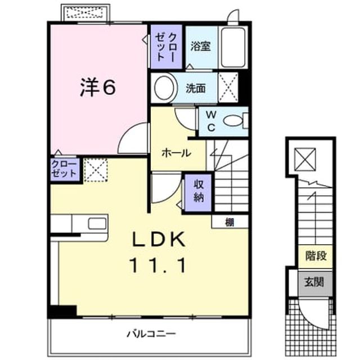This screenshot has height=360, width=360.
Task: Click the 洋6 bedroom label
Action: coord(97,88)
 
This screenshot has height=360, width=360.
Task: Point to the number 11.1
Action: coord(157,265)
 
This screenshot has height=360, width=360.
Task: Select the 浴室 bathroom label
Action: coord(200,46)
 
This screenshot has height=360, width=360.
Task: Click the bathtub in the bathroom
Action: coord(232,47)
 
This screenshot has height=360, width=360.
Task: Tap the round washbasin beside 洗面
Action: coord(164,88)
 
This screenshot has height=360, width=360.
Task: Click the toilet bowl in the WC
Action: coord(233,121)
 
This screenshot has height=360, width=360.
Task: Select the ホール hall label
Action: coord(176,152)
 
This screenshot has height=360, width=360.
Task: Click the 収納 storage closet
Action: coord(198,192)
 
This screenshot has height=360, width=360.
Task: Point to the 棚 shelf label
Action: coord(229,222)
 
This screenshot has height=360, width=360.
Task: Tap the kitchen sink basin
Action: coord(97,223)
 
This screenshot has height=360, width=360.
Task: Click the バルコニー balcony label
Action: coord(151,334)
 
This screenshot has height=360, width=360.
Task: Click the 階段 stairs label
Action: coord(316,256)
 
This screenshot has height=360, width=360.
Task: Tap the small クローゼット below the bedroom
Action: coord(65,169)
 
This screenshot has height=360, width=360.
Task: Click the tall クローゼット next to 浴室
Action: coord(166,47)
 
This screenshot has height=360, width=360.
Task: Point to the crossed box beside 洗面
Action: coord(228,88)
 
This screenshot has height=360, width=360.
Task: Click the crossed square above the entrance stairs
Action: coord(305,159)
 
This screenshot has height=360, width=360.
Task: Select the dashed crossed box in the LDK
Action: coord(96,170)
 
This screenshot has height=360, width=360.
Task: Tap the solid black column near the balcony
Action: coord(62,311)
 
